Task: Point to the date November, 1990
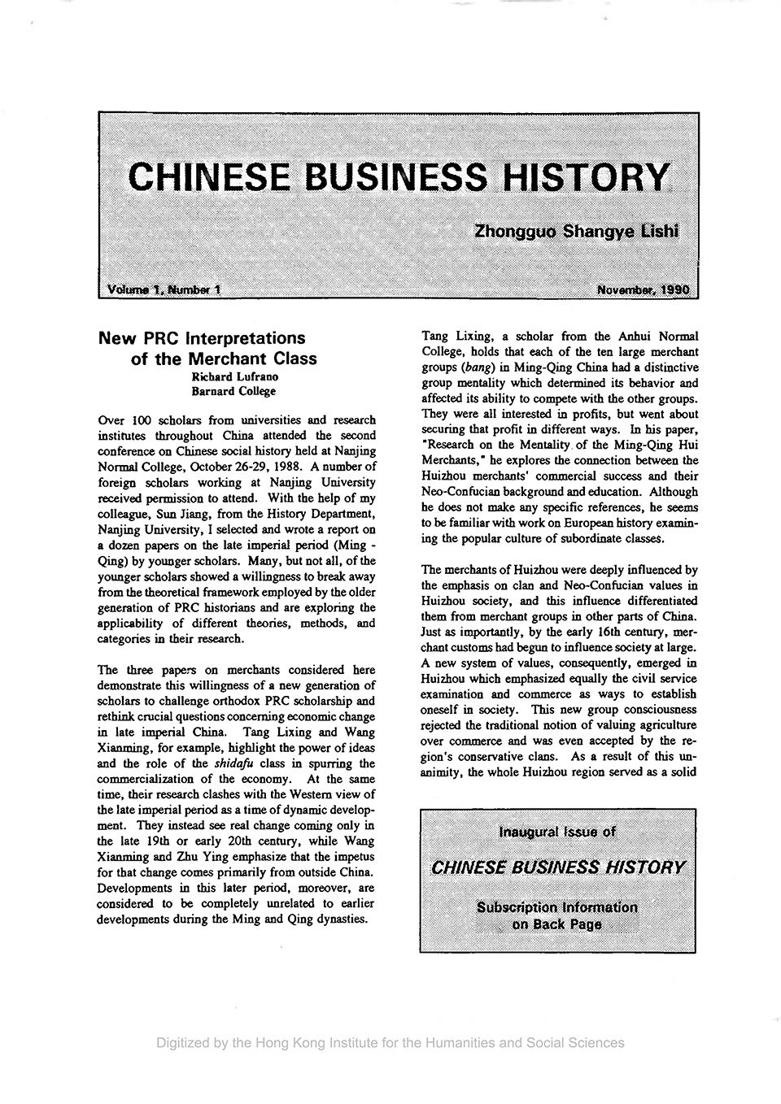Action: tap(642, 289)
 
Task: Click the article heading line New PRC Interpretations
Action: tap(201, 337)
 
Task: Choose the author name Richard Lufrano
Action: tap(234, 377)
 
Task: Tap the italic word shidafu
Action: tap(238, 763)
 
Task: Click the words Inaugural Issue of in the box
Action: tap(557, 832)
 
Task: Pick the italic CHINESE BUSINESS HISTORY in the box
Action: tap(557, 867)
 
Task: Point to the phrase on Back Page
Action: tap(557, 924)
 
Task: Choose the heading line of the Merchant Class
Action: tap(224, 359)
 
